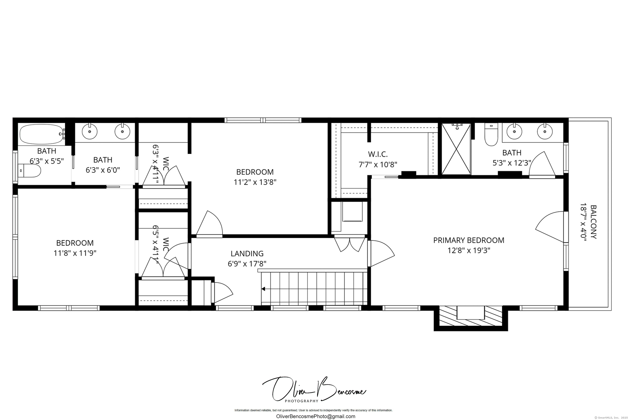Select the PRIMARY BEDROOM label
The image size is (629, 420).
coord(468,240)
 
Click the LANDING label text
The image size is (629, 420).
coord(247,253)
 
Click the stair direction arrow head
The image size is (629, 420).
coord(263,289)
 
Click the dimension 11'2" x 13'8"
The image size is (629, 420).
coord(255,182)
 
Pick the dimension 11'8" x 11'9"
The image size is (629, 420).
coord(75,253)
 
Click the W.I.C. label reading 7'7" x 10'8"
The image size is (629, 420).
coord(378,159)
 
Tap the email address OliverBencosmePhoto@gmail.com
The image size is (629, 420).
coord(316,416)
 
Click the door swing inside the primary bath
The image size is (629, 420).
coord(542,165)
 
